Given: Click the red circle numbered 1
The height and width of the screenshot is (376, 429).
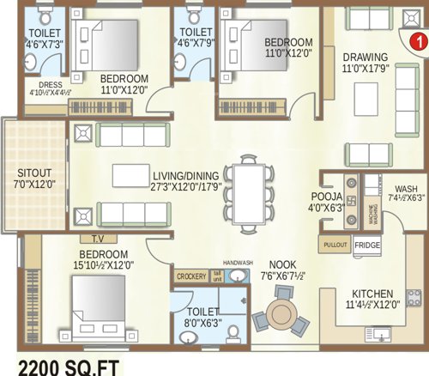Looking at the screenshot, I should click(x=414, y=39).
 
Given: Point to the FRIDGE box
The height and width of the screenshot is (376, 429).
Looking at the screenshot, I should click(x=366, y=245).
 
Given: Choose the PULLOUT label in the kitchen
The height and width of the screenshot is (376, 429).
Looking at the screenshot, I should click(x=335, y=245).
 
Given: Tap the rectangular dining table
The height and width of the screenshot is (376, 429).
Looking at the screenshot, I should click(x=247, y=192).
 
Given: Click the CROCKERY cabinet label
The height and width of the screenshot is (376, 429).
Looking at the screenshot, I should click(x=190, y=277).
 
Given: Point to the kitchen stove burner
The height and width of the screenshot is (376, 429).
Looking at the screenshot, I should click(x=414, y=298).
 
